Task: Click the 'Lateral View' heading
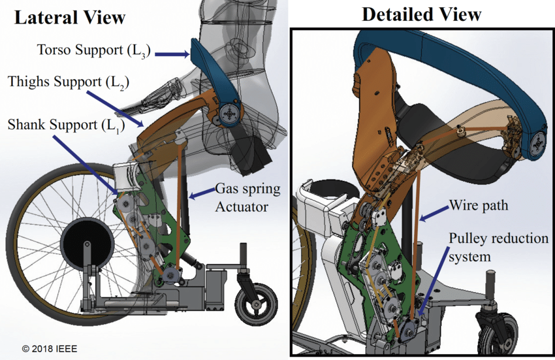pos(70,17)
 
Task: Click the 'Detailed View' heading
pos(421,14)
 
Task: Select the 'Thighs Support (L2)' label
pos(68,83)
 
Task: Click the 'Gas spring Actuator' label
pos(247,198)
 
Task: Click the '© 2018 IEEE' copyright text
pos(50,349)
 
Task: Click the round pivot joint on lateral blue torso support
pos(229,114)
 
